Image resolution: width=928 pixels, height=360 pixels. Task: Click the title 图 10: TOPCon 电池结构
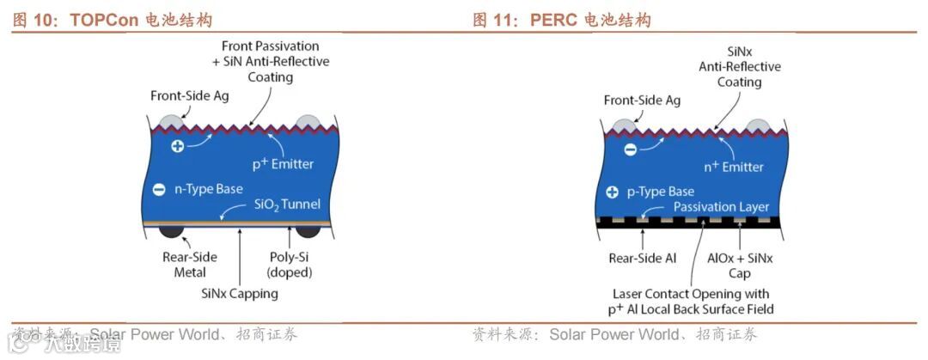112,20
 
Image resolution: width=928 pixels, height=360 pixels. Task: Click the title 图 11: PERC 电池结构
562,20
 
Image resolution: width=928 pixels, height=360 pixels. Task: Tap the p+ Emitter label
283,163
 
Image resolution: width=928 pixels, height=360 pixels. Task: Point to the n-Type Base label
203,189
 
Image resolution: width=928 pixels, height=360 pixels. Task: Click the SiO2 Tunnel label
287,204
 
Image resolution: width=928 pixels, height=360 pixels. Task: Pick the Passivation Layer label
721,207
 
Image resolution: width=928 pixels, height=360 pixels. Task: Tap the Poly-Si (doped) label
289,265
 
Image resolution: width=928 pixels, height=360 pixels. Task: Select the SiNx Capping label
240,294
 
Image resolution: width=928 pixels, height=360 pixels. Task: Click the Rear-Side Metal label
190,265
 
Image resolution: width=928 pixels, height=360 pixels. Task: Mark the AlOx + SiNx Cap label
740,265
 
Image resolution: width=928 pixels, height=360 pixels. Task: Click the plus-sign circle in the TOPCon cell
177,146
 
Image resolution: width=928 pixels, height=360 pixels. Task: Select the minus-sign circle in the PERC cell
630,149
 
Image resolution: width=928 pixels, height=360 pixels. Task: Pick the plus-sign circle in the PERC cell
612,192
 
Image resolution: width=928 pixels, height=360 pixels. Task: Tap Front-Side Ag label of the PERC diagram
642,101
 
